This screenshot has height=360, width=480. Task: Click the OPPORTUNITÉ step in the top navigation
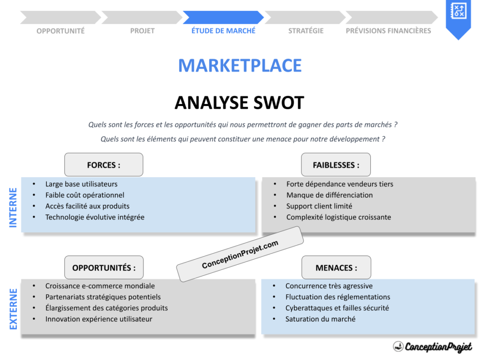click(60, 31)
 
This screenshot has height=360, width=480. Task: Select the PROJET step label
click(142, 31)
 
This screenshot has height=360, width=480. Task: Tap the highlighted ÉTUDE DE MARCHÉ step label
click(224, 30)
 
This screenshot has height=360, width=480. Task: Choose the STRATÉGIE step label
click(306, 31)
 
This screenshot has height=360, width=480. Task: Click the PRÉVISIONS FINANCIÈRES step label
click(388, 31)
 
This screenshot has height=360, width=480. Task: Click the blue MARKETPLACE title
click(240, 66)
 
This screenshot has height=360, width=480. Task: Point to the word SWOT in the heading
click(275, 103)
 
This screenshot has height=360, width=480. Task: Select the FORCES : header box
click(104, 165)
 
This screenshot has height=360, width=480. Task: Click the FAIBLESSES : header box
click(336, 165)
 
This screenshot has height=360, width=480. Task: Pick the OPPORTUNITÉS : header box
click(104, 268)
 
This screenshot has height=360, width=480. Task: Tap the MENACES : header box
click(336, 268)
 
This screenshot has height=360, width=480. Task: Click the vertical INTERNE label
click(13, 208)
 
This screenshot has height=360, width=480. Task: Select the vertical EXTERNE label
click(13, 309)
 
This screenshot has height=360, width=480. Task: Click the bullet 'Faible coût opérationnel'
click(85, 195)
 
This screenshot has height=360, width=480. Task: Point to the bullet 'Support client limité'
click(319, 206)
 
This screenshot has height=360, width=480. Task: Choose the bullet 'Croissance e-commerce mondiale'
click(100, 286)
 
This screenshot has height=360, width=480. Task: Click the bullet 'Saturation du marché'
click(320, 319)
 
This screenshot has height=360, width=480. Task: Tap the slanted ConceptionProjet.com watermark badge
click(240, 255)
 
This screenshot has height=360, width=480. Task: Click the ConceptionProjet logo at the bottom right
click(432, 347)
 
